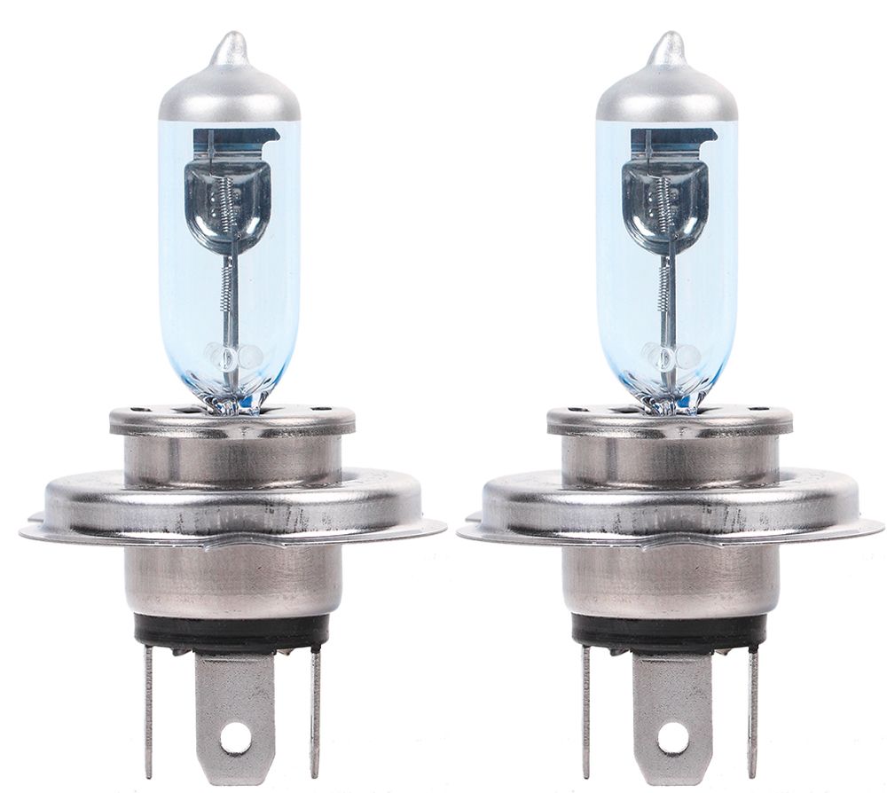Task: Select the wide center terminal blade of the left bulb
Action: tap(235, 701)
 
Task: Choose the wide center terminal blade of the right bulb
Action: tap(672, 701)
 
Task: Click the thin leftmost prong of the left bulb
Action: tap(148, 710)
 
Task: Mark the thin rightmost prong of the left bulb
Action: tap(315, 710)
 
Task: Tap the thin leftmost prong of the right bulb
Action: tap(585, 710)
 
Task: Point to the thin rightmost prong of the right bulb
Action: tap(753, 710)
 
